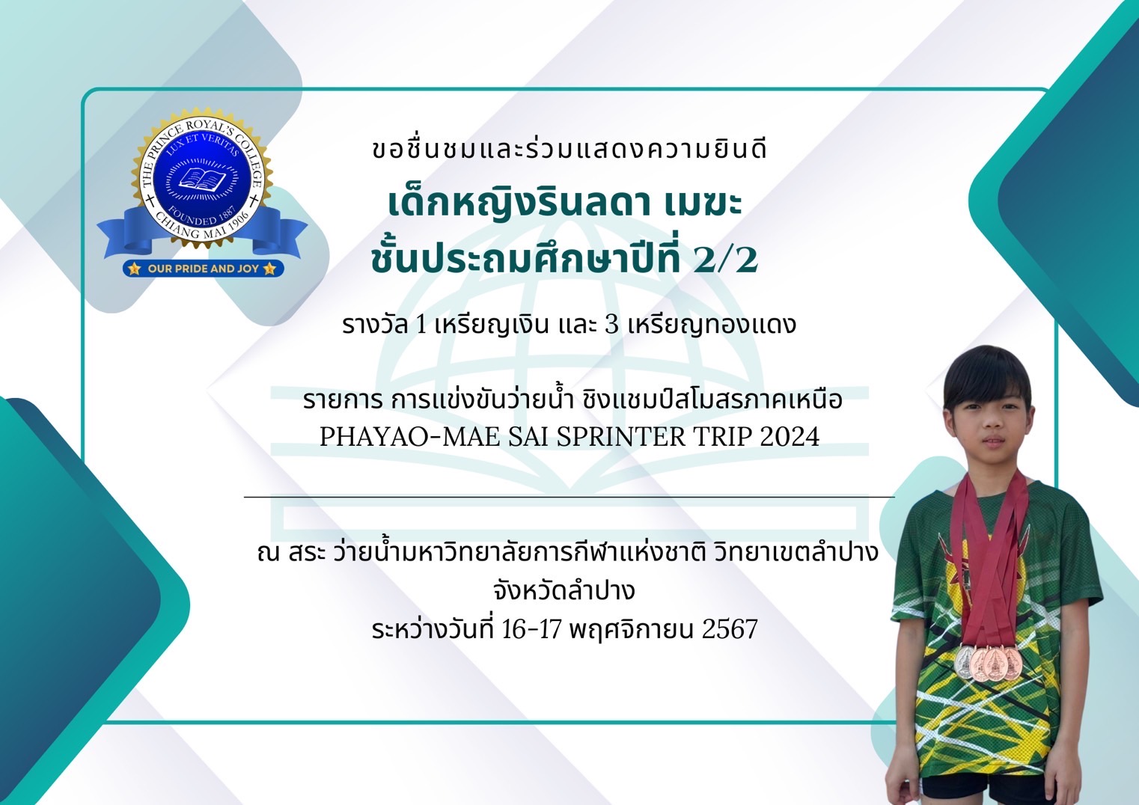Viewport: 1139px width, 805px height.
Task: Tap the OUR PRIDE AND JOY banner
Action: [203, 269]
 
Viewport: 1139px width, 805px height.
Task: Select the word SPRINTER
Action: [621, 436]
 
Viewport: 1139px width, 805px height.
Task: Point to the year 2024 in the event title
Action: [790, 436]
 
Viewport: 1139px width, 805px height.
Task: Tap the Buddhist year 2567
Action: [730, 628]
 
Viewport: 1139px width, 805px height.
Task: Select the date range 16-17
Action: [531, 628]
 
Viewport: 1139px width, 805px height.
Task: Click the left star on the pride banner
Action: [134, 269]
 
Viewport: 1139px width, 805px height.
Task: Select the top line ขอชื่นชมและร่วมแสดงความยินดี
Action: [569, 149]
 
